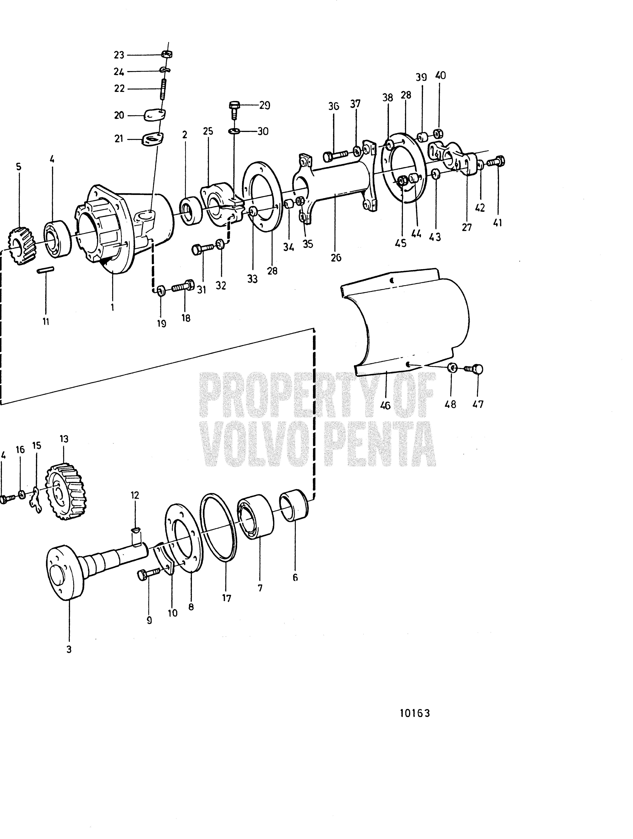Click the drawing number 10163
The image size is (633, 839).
[415, 713]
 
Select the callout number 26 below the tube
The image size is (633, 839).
[336, 258]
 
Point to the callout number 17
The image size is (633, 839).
[226, 599]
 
